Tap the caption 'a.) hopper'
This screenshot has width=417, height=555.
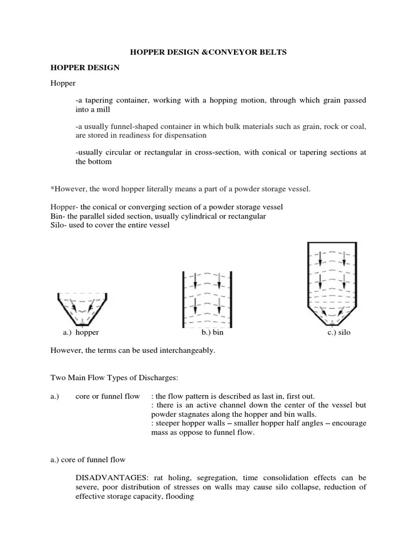tap(81, 332)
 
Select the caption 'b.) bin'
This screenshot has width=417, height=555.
tap(212, 332)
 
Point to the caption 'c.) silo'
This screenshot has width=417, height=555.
tap(339, 332)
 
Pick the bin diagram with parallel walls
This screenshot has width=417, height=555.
tap(207, 299)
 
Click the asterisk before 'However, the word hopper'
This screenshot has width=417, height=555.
tap(52, 188)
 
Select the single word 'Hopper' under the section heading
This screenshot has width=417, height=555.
tap(63, 85)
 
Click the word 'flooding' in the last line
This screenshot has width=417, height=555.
tap(180, 496)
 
